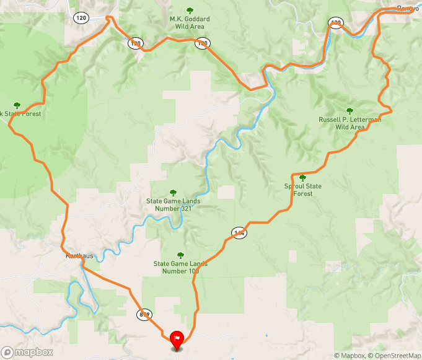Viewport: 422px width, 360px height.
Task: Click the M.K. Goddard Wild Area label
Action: (x=190, y=23)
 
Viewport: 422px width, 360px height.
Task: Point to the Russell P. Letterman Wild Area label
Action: (x=349, y=123)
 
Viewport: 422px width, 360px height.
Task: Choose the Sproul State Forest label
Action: (x=302, y=190)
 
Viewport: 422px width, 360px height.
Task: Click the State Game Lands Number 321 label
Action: (x=173, y=204)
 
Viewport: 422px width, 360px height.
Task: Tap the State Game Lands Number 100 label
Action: (x=180, y=267)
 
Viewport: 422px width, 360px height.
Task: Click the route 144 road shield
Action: (x=239, y=233)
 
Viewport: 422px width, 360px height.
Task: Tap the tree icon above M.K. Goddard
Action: (x=190, y=10)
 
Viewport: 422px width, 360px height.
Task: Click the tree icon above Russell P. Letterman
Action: (x=350, y=110)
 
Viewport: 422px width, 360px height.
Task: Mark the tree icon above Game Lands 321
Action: (x=173, y=192)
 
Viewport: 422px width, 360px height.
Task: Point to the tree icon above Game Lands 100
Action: (x=180, y=255)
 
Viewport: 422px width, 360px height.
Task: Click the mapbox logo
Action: (x=27, y=352)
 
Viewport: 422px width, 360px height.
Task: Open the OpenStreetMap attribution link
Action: (x=394, y=356)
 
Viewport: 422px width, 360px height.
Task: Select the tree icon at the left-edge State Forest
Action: (x=17, y=105)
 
